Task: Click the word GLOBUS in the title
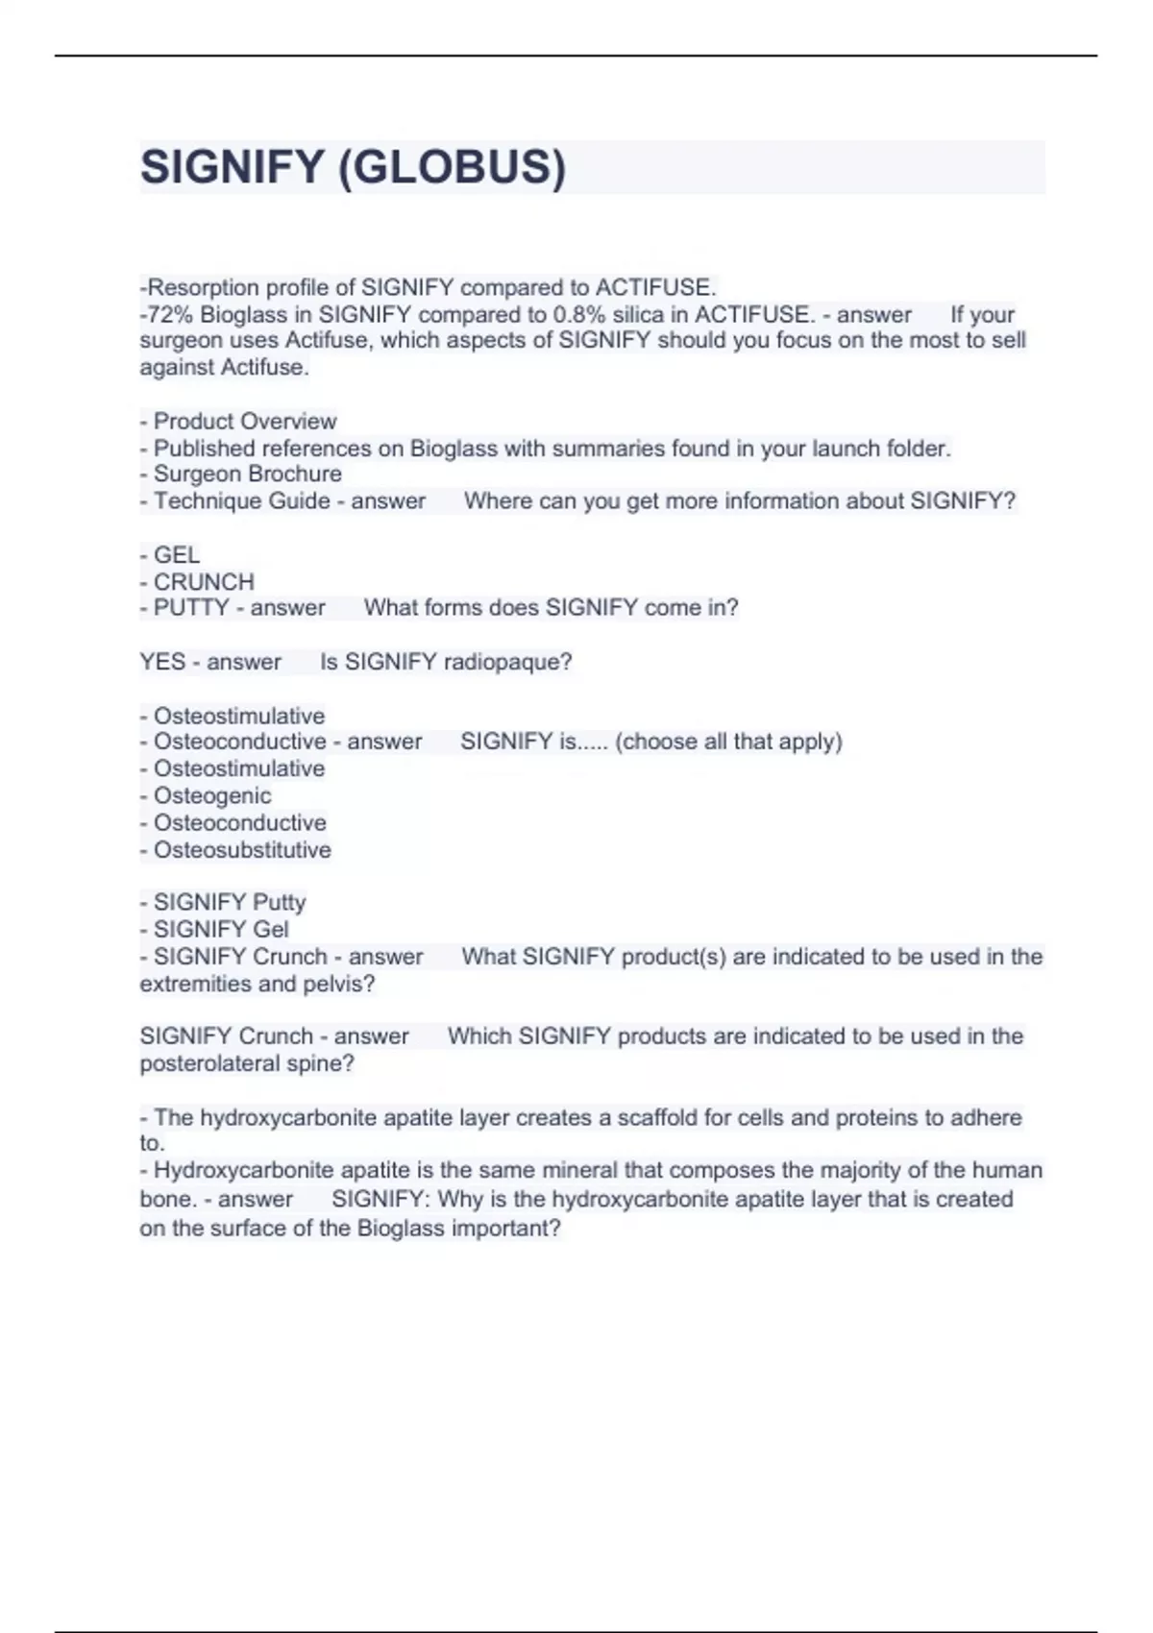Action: point(452,167)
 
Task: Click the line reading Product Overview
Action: point(244,422)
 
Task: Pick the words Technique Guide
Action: point(241,501)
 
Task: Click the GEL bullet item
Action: point(177,555)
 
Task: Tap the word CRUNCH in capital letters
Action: point(204,582)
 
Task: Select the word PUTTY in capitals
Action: point(191,608)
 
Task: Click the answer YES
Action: point(162,662)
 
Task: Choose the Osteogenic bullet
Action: point(212,796)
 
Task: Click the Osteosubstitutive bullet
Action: point(242,850)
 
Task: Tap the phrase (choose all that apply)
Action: point(728,742)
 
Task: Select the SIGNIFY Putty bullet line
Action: point(230,903)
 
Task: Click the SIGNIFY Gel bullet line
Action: point(221,930)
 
